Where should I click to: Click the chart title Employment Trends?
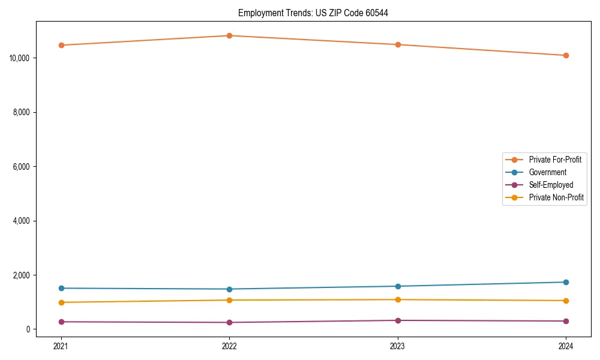(x=313, y=13)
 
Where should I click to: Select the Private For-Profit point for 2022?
(x=229, y=35)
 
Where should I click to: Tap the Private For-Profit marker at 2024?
(x=566, y=55)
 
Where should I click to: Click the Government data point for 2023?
(x=398, y=286)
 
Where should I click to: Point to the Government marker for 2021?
(x=61, y=288)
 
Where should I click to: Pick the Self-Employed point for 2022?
(x=229, y=322)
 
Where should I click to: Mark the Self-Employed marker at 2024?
(x=566, y=321)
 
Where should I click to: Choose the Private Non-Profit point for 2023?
(x=398, y=299)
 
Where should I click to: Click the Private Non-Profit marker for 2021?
(x=61, y=302)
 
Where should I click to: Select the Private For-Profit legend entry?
(x=555, y=160)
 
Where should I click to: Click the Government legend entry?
(x=547, y=172)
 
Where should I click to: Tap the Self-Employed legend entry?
(x=551, y=185)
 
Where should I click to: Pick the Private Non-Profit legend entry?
(x=556, y=197)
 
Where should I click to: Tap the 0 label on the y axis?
(x=28, y=329)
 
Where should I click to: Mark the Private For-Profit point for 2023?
(x=398, y=44)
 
